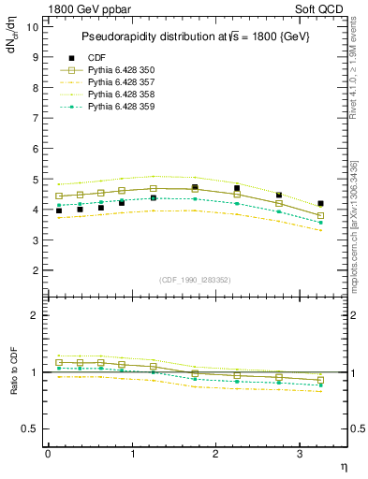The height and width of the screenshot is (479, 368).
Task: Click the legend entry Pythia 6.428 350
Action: click(122, 69)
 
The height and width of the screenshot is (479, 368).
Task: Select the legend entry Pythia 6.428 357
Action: click(122, 82)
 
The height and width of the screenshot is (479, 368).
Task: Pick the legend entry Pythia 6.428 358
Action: click(122, 94)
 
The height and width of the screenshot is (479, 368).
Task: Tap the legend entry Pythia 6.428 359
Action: click(122, 107)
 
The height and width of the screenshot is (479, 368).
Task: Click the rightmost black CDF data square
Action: click(320, 203)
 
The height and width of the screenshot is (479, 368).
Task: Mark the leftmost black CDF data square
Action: click(59, 211)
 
